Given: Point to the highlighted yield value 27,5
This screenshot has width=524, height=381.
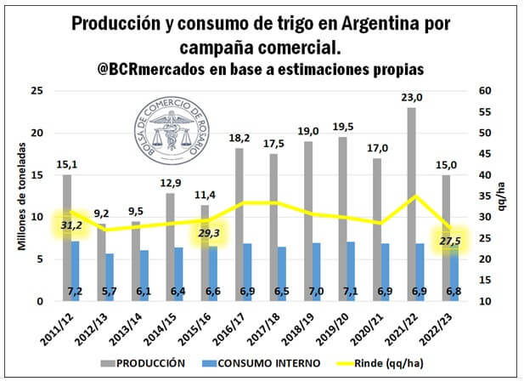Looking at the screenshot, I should click(x=451, y=241).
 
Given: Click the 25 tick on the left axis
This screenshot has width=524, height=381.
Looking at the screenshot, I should click(x=36, y=91).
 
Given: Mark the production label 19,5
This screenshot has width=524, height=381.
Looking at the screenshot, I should click(x=341, y=128).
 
